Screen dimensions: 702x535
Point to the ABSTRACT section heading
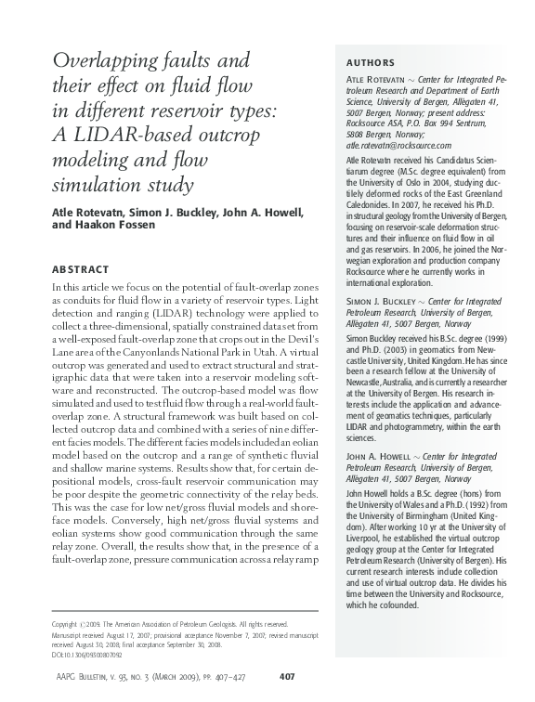coord(81,269)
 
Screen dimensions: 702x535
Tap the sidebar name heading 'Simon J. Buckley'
coord(372,303)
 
